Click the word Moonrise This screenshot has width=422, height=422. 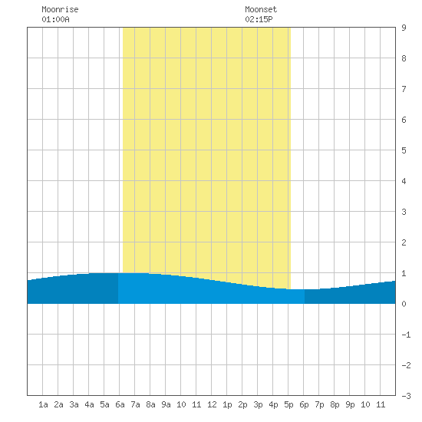[x=60, y=9]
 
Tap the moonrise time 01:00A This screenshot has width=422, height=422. [x=55, y=19]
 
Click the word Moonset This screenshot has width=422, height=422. [x=261, y=9]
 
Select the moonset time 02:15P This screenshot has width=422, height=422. [x=259, y=19]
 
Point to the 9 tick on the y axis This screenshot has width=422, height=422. [x=404, y=28]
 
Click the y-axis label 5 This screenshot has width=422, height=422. [x=404, y=150]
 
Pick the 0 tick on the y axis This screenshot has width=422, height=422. [x=404, y=304]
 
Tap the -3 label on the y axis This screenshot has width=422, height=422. [x=406, y=396]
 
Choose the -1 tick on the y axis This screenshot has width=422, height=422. [x=406, y=335]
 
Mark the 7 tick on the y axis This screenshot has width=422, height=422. [x=404, y=89]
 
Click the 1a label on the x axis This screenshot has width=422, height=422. [x=43, y=404]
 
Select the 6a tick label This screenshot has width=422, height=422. [x=120, y=404]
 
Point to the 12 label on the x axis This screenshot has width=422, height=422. [x=212, y=404]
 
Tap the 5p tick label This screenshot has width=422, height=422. [x=288, y=404]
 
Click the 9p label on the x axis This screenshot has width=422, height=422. [x=350, y=404]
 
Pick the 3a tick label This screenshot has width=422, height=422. [x=74, y=404]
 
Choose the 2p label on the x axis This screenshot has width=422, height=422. [x=242, y=404]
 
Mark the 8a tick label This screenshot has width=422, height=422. [x=150, y=404]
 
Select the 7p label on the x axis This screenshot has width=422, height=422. [x=319, y=404]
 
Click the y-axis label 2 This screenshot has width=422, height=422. [x=404, y=242]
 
